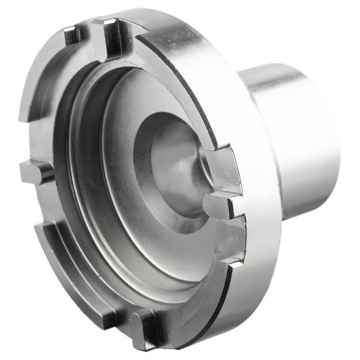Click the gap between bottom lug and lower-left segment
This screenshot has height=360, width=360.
point(122,320)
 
